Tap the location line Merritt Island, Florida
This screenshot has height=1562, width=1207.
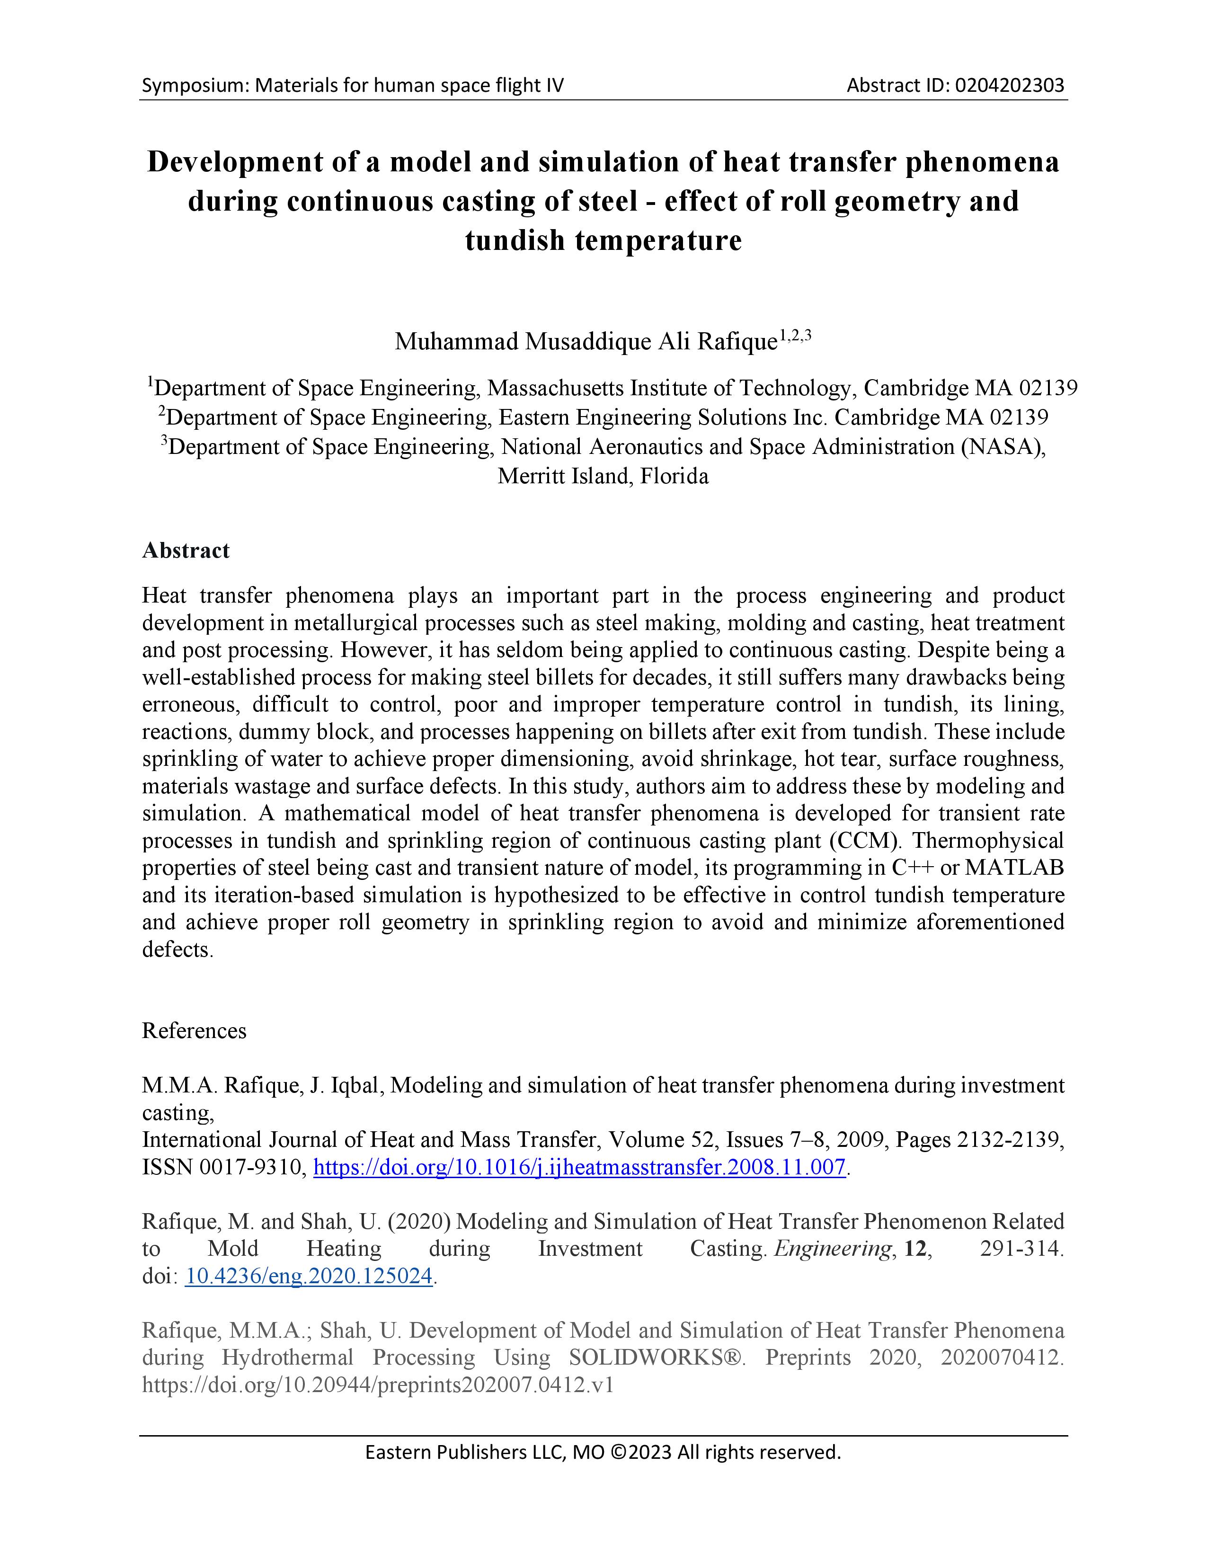[603, 476]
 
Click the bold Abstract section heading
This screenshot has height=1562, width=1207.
[186, 550]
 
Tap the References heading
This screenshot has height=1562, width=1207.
[194, 1030]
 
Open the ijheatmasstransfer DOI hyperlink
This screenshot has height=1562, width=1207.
[579, 1167]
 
